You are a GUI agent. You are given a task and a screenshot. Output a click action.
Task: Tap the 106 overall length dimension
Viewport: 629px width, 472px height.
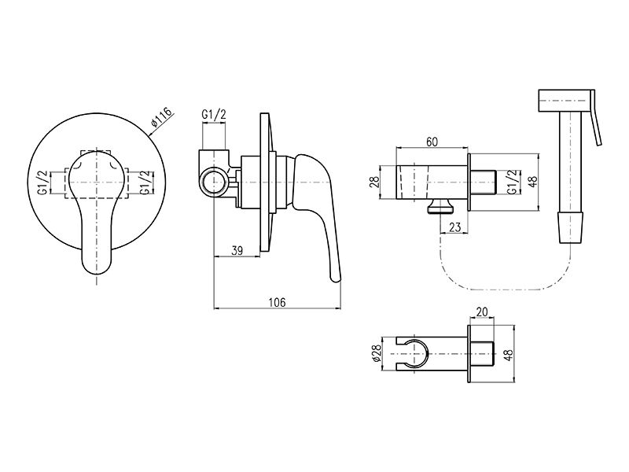coord(278,302)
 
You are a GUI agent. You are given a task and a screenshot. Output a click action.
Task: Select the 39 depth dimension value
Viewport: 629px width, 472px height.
coord(237,251)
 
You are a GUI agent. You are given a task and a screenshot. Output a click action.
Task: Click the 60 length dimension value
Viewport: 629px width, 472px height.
coord(432,142)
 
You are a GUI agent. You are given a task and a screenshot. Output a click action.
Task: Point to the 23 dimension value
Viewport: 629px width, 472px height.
coord(455,227)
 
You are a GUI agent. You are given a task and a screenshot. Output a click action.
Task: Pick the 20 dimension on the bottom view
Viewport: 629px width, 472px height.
coord(482,312)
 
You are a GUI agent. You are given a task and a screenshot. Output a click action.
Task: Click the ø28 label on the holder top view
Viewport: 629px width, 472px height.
coord(377,353)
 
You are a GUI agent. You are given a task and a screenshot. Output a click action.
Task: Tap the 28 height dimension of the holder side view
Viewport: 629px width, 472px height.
coord(374,182)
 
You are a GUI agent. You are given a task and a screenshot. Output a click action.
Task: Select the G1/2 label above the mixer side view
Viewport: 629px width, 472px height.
coord(214,115)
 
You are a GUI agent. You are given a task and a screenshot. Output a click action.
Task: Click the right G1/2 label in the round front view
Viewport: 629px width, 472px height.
coord(147,183)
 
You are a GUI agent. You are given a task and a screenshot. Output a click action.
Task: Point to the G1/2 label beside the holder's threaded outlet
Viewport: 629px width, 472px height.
coord(512,183)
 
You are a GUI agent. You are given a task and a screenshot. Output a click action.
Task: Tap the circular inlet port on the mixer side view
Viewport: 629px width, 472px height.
coord(215,183)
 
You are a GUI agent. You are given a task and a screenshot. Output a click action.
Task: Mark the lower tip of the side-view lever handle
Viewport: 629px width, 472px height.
coord(336,278)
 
